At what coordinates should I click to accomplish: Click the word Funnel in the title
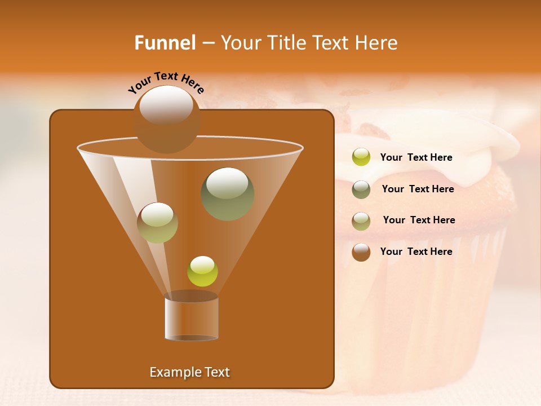[x=165, y=43]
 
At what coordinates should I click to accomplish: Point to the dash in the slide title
[x=207, y=43]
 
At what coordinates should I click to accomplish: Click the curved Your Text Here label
[x=166, y=82]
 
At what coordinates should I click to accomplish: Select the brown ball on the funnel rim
[x=167, y=119]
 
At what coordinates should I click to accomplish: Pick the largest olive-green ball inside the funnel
[x=227, y=193]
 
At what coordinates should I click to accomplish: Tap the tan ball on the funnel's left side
[x=157, y=223]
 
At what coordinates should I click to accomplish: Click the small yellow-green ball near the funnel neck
[x=202, y=271]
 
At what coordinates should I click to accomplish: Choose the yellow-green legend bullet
[x=361, y=157]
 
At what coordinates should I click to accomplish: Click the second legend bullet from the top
[x=361, y=189]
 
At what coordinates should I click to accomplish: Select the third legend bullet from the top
[x=361, y=221]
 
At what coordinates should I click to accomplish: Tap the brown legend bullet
[x=361, y=252]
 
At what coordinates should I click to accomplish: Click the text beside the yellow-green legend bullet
[x=416, y=157]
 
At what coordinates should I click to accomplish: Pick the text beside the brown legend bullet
[x=416, y=251]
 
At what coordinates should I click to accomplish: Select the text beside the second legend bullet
[x=418, y=189]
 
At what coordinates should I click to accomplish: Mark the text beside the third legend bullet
[x=419, y=220]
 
